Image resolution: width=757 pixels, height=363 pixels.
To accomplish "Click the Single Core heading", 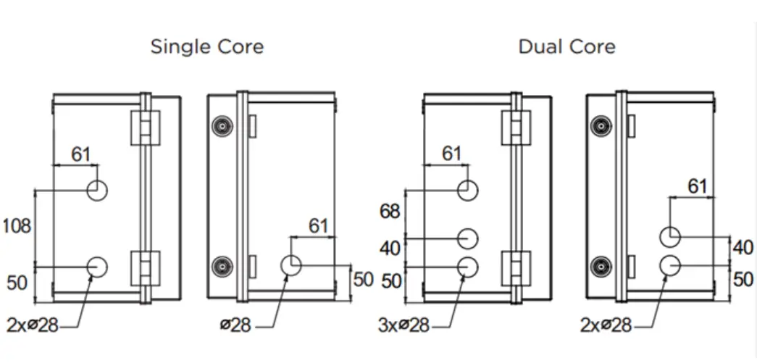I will [x=206, y=47].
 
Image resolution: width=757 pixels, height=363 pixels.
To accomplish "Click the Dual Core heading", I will [x=566, y=47].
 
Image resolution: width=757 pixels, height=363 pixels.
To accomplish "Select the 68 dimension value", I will [x=390, y=212].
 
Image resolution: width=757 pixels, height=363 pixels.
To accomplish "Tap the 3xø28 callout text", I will [x=403, y=325].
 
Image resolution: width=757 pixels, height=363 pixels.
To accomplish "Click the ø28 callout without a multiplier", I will [x=235, y=325].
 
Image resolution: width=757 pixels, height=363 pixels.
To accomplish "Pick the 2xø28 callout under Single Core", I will [x=33, y=325].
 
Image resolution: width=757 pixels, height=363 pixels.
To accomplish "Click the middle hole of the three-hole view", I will [x=468, y=238].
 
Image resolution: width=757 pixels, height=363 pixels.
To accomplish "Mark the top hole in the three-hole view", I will [x=468, y=191].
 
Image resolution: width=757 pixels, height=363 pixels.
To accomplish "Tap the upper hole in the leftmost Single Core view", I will [x=97, y=191].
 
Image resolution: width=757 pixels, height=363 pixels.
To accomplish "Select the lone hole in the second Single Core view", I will [x=291, y=265].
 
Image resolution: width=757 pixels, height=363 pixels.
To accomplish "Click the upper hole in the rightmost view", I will [x=670, y=236].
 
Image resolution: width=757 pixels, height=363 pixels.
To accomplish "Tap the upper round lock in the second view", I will [x=221, y=128].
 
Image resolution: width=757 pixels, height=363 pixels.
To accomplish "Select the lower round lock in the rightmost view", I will [x=601, y=266].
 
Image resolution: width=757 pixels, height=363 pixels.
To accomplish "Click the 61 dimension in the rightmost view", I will [x=697, y=186].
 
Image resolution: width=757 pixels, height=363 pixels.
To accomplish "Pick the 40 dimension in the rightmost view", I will [x=743, y=248].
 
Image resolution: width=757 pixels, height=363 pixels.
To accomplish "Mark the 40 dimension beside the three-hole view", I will [x=390, y=249].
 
